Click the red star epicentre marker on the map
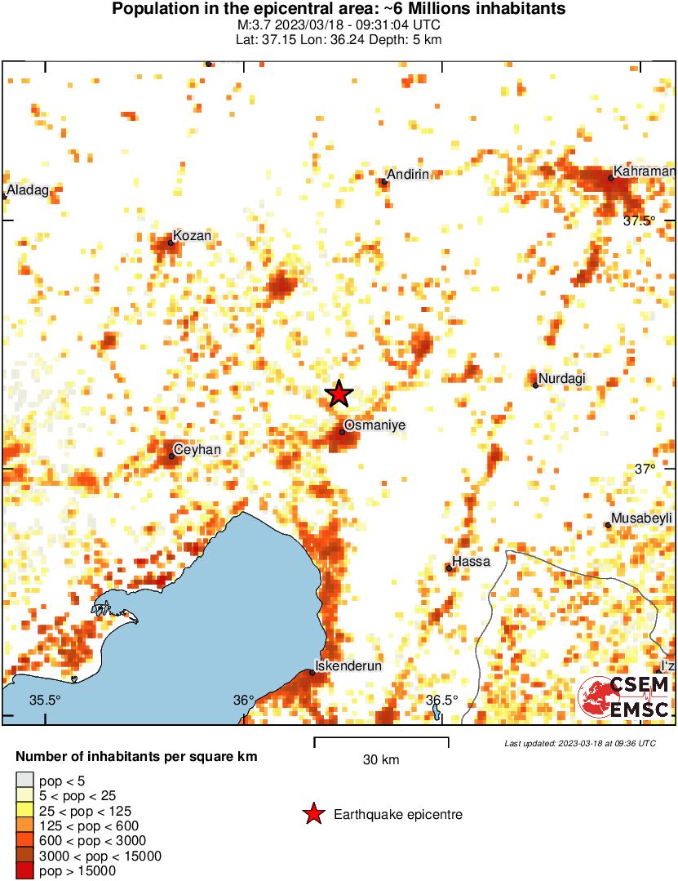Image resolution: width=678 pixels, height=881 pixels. pos(339,394)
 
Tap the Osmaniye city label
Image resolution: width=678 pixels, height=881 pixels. pos(374,425)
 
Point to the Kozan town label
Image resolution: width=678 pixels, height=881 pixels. pos(193,236)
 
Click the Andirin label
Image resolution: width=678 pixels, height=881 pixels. pos(408,175)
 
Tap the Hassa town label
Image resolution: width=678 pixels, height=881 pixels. pos(472,562)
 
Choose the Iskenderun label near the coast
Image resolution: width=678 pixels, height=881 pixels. pos(350,666)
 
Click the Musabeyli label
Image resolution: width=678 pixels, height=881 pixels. pos(642,518)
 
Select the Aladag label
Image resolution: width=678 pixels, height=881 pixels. pos(29,190)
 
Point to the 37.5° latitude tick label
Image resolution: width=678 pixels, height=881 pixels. pos(640,220)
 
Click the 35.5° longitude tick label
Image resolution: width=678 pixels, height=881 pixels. pos(46,701)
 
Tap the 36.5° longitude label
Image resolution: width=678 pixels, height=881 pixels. pos(442,701)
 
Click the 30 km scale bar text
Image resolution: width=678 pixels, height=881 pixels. pos(381,760)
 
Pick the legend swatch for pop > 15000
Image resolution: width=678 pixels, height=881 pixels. pos(25,870)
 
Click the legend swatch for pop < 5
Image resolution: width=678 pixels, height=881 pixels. pos(25,782)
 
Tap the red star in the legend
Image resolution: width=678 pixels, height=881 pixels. pos(312,814)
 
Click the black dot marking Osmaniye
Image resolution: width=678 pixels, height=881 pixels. pos(343,432)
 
